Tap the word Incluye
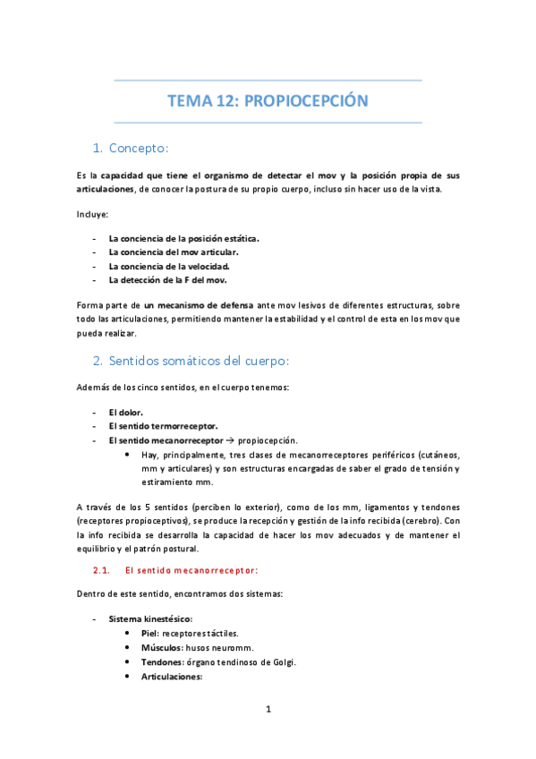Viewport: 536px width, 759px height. (92, 214)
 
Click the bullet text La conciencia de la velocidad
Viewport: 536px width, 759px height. (169, 266)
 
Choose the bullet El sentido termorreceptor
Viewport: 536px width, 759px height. (163, 427)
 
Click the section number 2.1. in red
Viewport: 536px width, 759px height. (100, 569)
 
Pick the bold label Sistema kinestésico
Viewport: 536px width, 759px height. (150, 618)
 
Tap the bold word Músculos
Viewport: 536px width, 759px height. (161, 647)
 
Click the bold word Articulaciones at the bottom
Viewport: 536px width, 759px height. (173, 677)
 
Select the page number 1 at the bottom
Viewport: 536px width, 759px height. (268, 710)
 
